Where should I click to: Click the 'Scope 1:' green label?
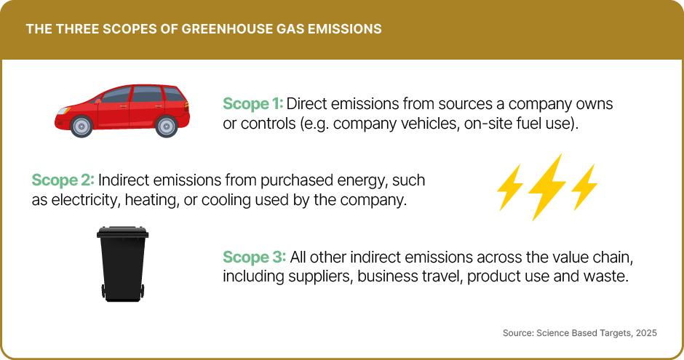coord(252,103)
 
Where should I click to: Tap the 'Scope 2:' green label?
coord(63,180)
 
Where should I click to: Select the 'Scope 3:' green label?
coord(253,257)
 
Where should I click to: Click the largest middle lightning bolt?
coord(547,186)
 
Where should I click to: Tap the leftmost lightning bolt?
coord(509,187)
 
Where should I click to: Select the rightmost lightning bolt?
coord(584,187)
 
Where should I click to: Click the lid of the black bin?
coord(123,233)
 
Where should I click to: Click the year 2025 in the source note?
coord(644,332)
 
